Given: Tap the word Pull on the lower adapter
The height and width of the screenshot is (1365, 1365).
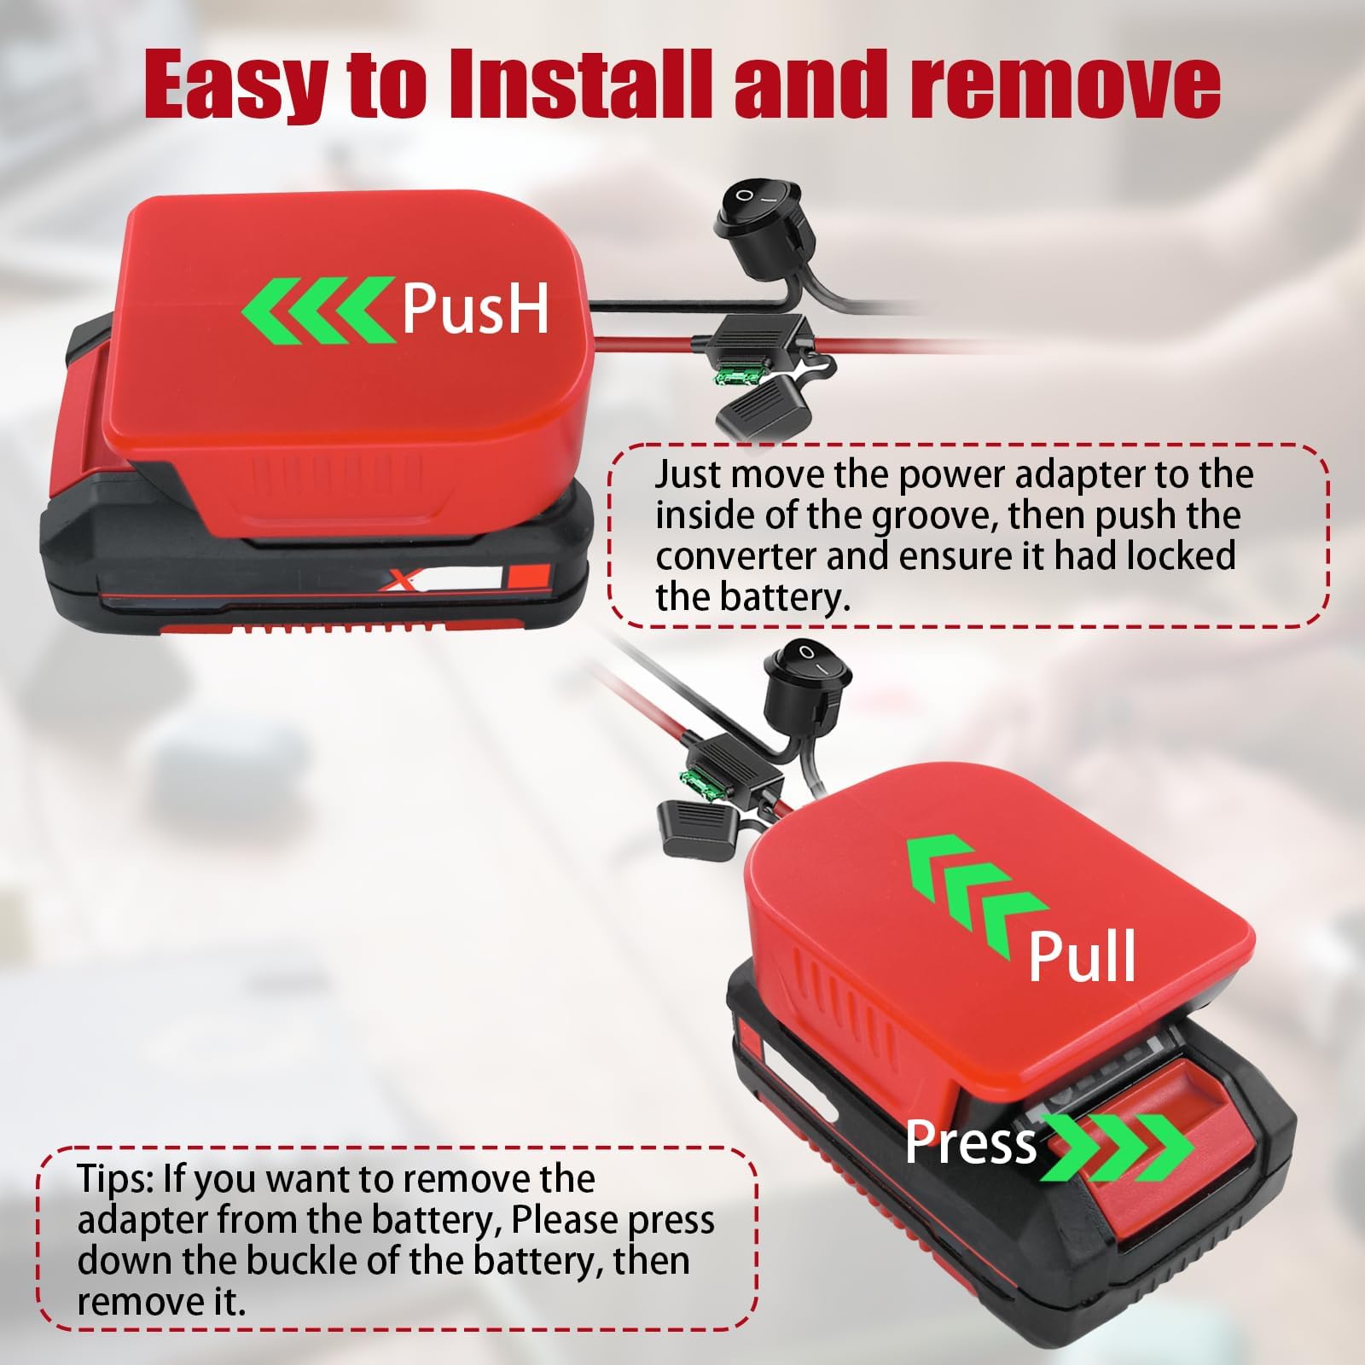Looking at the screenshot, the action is click(x=1082, y=955).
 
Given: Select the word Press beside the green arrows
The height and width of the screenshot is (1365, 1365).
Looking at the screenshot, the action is click(x=971, y=1142).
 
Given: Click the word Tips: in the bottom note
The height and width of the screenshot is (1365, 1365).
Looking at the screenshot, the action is click(x=117, y=1179).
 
